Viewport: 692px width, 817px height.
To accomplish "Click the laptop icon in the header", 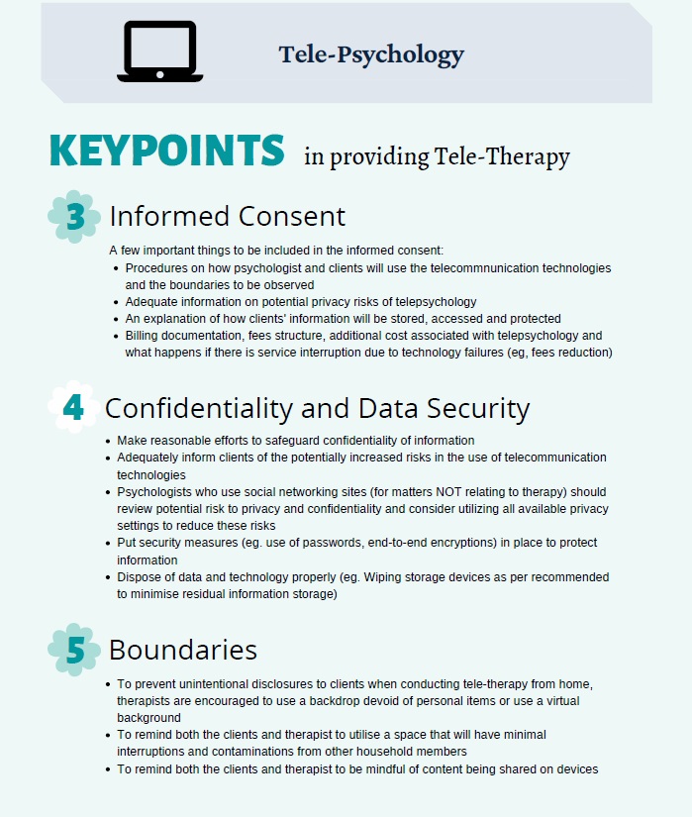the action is pos(159,51).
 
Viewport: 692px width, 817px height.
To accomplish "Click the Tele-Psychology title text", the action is pos(371,53).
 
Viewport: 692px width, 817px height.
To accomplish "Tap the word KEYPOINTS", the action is pos(166,151).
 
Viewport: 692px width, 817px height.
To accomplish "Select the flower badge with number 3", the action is pos(74,217).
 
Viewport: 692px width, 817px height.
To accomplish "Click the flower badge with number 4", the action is pos(74,407).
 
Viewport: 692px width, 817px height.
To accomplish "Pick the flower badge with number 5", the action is pos(74,649).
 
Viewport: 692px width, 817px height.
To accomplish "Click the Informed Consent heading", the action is pos(227,216).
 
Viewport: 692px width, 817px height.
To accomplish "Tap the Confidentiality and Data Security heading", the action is pos(317,408).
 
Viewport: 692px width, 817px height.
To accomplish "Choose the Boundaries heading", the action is pos(182,650).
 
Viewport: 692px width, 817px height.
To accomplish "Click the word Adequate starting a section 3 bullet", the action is pos(151,302).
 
